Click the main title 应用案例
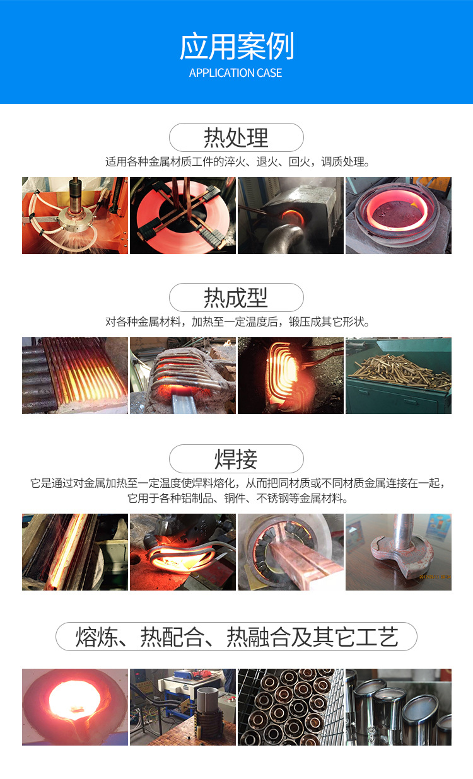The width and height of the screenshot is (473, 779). pos(237,46)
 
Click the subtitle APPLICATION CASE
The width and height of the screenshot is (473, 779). pos(236,72)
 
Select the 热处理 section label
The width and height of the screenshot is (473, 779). pos(236,137)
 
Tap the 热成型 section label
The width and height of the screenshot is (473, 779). pos(236,297)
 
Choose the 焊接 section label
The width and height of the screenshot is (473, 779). pos(236,459)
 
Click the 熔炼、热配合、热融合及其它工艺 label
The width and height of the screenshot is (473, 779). pos(237,637)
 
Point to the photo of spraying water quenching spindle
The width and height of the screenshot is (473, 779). pos(75,216)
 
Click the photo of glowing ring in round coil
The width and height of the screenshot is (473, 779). pos(399,216)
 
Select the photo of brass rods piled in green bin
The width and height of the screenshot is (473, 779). pos(399,376)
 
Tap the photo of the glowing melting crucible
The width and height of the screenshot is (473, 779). pos(75,707)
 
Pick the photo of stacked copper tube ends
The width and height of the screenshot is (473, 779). pos(291,707)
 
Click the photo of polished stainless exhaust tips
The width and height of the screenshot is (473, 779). pos(399,707)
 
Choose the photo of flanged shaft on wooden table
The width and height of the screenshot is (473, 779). pos(399,552)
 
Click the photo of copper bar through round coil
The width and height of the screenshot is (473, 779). pos(291,552)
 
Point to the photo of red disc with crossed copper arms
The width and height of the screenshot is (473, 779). pos(183,216)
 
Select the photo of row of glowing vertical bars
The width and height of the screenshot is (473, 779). pos(75,376)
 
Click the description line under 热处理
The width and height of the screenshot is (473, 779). pos(237,162)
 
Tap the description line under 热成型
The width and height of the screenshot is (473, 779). pos(237,321)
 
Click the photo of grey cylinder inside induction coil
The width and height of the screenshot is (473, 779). pos(183,707)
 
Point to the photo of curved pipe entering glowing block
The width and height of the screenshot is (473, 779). pos(291,216)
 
